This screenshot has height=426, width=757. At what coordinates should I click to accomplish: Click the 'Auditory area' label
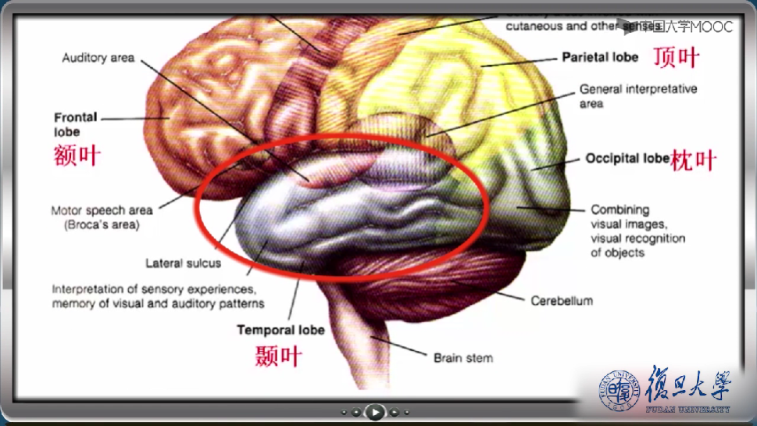[98, 58]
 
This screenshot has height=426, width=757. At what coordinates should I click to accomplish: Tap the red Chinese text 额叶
[77, 155]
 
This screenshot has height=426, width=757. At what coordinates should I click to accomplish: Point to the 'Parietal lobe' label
[600, 57]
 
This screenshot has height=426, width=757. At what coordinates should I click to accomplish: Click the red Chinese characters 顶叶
[676, 58]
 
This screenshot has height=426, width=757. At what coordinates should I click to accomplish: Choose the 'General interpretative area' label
[638, 96]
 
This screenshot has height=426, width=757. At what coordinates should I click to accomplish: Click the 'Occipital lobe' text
[627, 159]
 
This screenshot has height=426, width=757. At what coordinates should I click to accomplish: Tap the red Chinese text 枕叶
[693, 161]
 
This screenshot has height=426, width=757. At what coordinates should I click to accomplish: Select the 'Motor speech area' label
[102, 210]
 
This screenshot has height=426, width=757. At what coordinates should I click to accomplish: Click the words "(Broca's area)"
[102, 225]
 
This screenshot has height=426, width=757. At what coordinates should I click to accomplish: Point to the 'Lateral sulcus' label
[183, 263]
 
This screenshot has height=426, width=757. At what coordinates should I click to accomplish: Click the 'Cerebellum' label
[562, 301]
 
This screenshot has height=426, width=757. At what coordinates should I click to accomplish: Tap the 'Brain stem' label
[463, 358]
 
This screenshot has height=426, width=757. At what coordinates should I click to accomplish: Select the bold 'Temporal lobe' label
[280, 330]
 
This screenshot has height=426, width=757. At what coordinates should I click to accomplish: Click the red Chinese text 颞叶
[278, 357]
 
